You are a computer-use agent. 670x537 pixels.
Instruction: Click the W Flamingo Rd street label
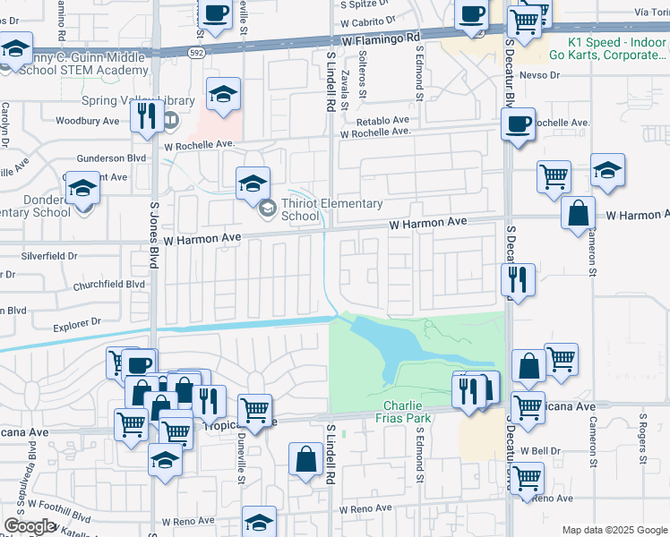point(380,40)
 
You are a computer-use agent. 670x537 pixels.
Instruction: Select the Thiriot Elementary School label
point(331,209)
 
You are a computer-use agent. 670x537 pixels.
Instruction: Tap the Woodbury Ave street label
point(87,121)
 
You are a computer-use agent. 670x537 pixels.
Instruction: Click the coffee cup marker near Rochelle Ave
point(518,124)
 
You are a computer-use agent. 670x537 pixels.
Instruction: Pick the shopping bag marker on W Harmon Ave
point(579,214)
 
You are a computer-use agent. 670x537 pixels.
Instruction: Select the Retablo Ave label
point(382,120)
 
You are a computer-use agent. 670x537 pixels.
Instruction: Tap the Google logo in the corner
point(30,525)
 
